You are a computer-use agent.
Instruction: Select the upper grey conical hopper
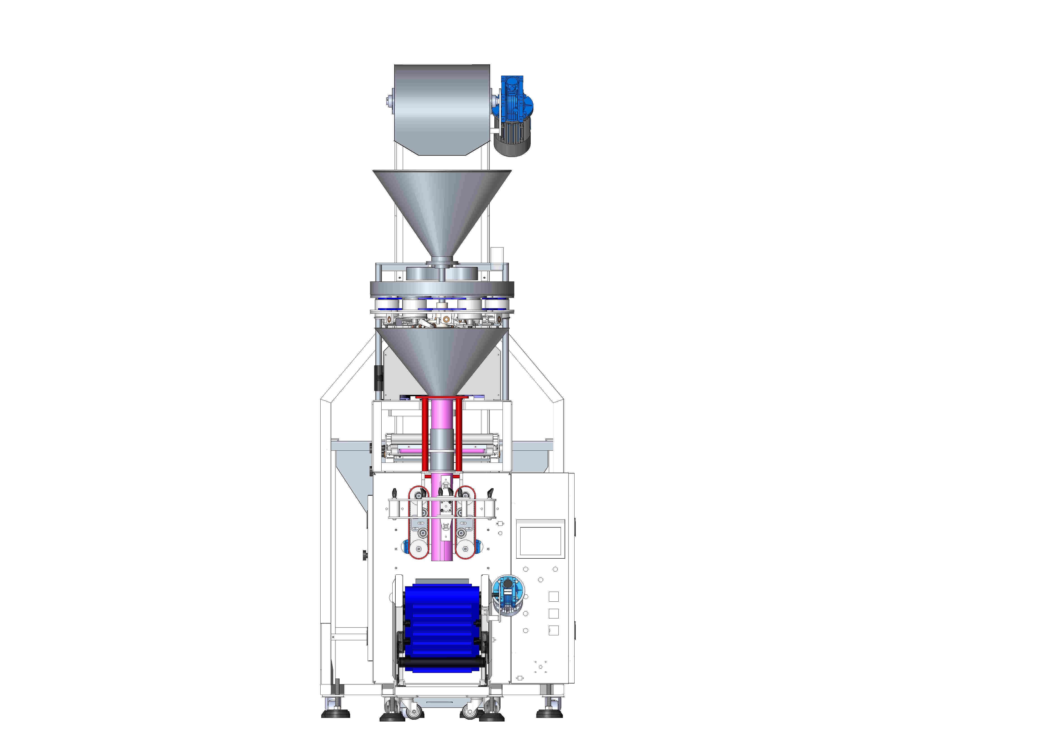click(x=442, y=206)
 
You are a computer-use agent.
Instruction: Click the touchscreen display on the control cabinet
click(x=540, y=541)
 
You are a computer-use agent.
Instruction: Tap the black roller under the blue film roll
click(x=442, y=662)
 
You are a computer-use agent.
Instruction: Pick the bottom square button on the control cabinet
click(x=554, y=630)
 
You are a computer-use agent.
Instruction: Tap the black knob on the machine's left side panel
click(x=365, y=556)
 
